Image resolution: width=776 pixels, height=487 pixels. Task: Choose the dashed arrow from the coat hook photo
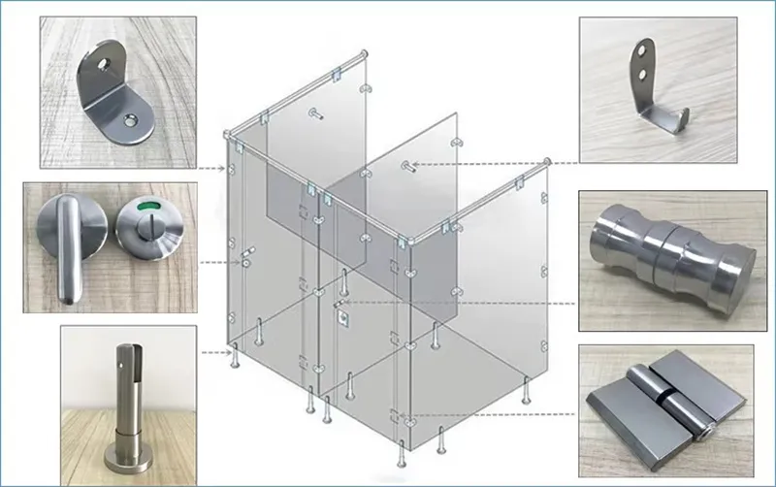click(x=485, y=165)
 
